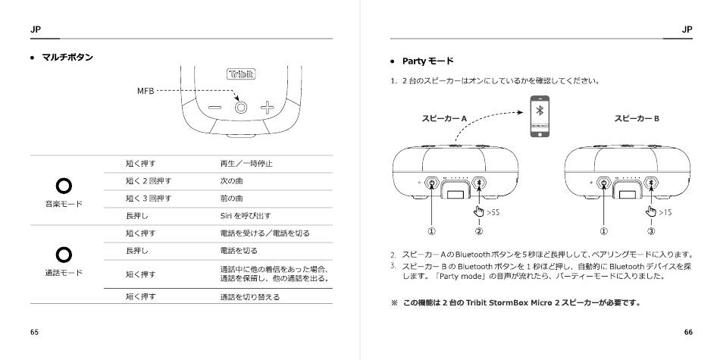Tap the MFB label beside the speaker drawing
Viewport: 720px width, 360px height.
coord(145,90)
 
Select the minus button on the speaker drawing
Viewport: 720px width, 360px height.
coord(214,108)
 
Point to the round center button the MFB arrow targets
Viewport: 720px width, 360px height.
coord(241,108)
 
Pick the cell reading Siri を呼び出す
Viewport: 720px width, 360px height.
coord(240,215)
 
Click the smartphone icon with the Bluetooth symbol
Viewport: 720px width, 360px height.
coord(539,117)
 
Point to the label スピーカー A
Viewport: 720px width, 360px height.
coord(443,118)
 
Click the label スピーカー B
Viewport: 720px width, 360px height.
coord(636,118)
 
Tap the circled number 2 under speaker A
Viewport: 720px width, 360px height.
coord(478,231)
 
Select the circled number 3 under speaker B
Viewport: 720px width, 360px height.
coord(651,231)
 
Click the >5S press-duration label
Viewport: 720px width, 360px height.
coord(493,213)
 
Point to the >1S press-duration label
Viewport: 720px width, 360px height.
coord(665,213)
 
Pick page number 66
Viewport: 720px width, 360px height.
coord(687,332)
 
